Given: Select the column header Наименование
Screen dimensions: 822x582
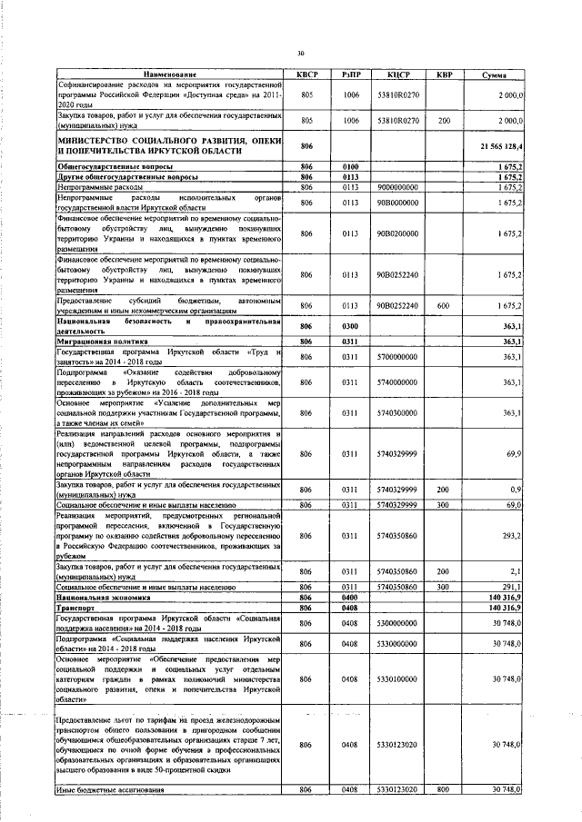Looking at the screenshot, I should click(168, 74).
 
